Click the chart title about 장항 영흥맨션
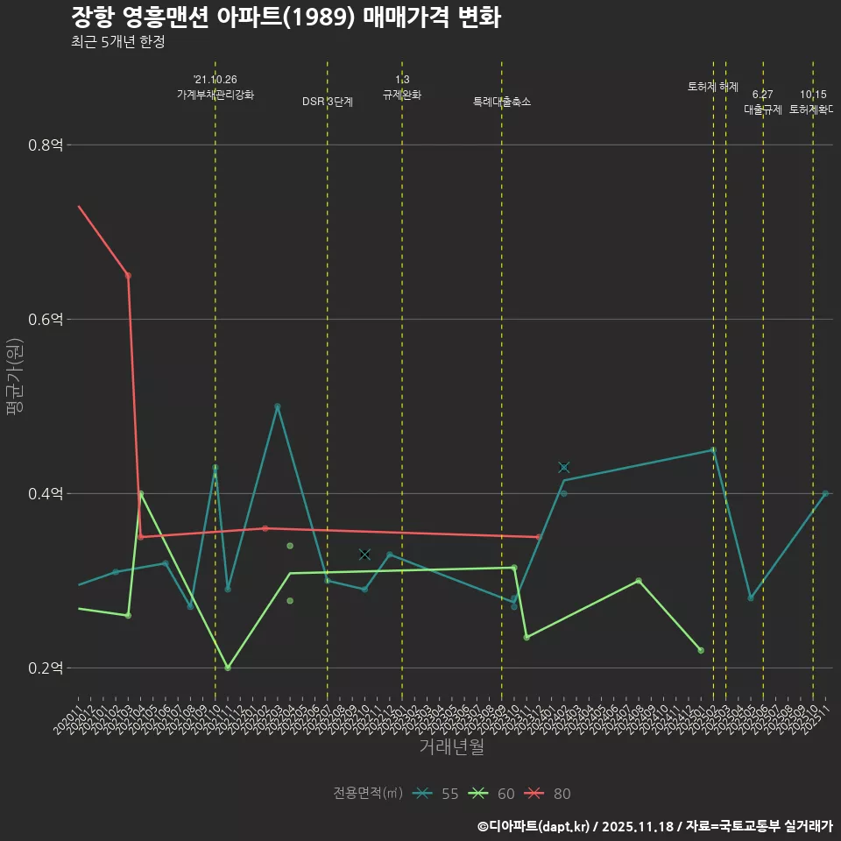coord(286,18)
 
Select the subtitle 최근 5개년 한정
coord(117,42)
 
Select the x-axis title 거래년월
coord(451,747)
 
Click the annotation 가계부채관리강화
coord(216,95)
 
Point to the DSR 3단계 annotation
coord(328,102)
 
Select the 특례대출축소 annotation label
coord(502,102)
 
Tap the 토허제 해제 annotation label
coord(713,87)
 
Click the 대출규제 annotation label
coord(763,110)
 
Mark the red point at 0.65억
coord(128,276)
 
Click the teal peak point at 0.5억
coord(278,406)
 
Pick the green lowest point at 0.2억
coord(228,668)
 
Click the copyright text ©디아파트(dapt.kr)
coord(534,825)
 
